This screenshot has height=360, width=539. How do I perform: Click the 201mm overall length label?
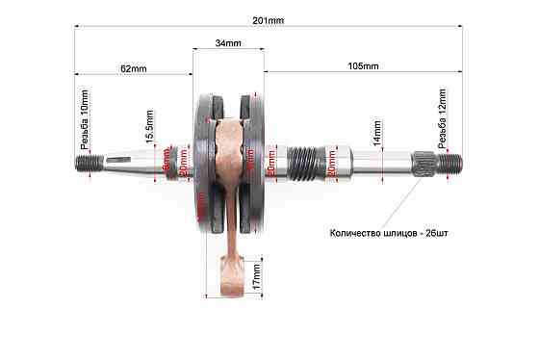point(269,20)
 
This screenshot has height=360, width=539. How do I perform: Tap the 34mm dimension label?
point(228,43)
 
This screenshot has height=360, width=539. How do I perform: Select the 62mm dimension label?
point(134,68)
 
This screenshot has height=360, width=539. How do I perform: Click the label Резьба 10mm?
point(85,117)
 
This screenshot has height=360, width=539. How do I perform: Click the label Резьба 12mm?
point(444,117)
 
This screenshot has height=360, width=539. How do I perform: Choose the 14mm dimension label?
point(378,133)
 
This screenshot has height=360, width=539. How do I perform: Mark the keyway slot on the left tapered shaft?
point(124,160)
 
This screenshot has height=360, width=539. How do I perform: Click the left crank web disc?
point(205,164)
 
